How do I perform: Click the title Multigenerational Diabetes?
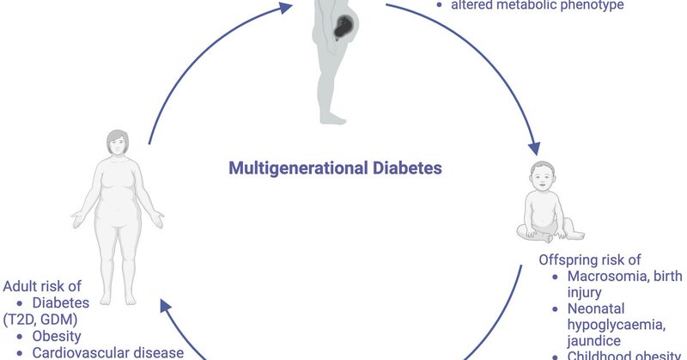point(335,168)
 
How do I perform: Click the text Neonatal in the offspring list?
point(596,307)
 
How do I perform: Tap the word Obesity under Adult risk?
point(57,336)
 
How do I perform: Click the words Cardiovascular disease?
point(106,352)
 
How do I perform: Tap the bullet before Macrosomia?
point(556,277)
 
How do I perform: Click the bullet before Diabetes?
point(20,303)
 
